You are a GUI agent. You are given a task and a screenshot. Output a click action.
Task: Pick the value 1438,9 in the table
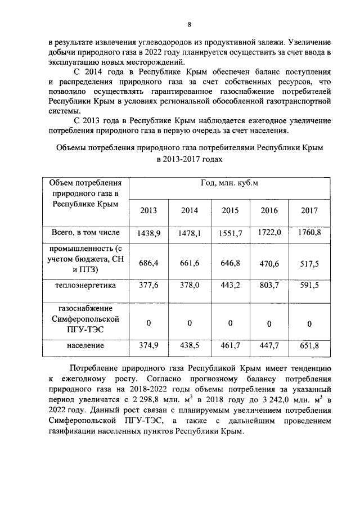coord(148,233)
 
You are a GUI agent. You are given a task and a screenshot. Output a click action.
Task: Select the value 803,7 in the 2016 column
coord(269,285)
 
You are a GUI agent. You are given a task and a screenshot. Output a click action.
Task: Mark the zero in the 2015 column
coord(229,323)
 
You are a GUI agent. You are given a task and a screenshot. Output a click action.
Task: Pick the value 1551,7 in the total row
coord(229,233)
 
